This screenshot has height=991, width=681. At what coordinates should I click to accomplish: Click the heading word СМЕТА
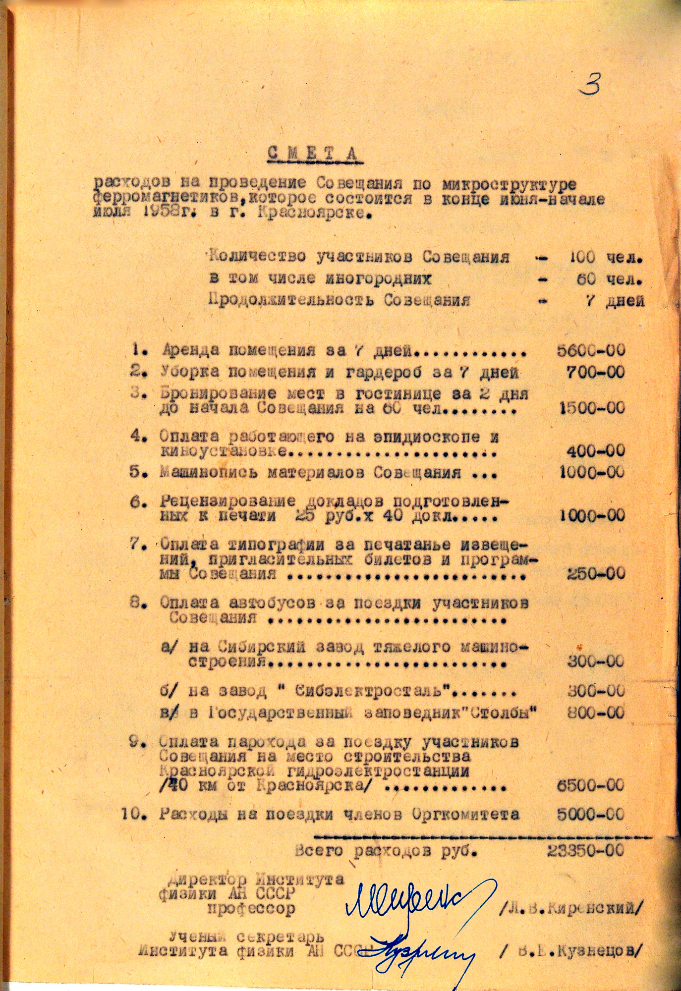313,155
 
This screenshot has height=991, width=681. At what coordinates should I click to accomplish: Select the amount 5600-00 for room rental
591,350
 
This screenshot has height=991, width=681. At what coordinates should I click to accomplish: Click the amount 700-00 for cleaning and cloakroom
596,372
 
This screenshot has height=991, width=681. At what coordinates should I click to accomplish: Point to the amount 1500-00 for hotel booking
592,408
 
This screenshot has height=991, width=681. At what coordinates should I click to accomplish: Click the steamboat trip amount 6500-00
591,785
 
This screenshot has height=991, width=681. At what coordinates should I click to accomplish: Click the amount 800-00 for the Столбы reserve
596,713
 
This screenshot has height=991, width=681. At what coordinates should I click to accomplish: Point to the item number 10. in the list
135,814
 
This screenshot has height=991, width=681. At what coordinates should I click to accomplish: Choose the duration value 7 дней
615,301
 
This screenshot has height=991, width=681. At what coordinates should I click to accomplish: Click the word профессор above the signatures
251,909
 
